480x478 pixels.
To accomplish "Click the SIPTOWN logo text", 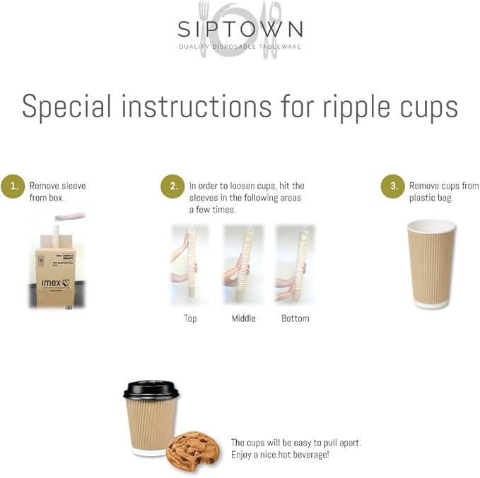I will click(240, 29).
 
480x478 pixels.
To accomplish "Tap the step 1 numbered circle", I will click(12, 186).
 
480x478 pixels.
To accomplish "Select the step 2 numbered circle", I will click(172, 186).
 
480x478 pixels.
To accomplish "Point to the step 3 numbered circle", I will click(393, 186).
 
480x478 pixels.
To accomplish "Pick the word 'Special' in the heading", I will click(67, 107).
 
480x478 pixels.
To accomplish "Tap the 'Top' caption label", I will click(190, 318).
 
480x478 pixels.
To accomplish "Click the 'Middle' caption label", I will click(243, 318).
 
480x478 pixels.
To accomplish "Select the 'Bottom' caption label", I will click(295, 318).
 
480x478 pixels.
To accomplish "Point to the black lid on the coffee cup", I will click(151, 389).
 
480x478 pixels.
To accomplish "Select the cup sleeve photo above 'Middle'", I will click(243, 265).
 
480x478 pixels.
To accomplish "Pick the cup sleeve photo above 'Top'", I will click(189, 265).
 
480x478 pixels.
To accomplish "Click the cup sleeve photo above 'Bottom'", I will click(295, 265).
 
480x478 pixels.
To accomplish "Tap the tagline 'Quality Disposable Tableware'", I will click(240, 47).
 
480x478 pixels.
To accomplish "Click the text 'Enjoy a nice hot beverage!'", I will click(280, 454).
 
